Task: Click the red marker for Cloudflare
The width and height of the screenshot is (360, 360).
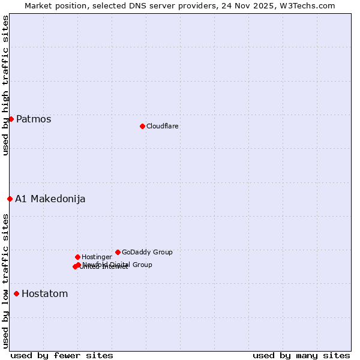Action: [142, 126]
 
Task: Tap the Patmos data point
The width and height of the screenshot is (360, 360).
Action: [11, 119]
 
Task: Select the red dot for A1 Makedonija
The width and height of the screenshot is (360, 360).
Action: [10, 199]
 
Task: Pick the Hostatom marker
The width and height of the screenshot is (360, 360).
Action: [16, 293]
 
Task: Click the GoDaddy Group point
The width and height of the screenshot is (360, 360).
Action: [118, 252]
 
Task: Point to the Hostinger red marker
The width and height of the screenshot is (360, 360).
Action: [77, 257]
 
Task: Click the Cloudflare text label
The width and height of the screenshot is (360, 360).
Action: [163, 126]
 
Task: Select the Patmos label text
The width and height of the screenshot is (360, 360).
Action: [34, 119]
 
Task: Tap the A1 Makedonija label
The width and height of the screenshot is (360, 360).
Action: [50, 199]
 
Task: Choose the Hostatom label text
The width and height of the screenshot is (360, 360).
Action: [45, 293]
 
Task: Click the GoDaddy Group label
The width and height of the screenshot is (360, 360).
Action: [147, 252]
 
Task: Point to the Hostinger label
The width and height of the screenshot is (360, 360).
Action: [97, 257]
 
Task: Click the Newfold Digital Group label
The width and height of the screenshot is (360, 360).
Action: [118, 264]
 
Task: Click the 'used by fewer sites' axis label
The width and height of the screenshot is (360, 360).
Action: [62, 355]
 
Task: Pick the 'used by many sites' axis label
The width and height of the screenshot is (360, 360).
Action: [301, 355]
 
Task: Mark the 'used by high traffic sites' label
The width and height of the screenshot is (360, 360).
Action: [5, 85]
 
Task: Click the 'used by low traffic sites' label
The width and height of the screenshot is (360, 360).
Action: [5, 280]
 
